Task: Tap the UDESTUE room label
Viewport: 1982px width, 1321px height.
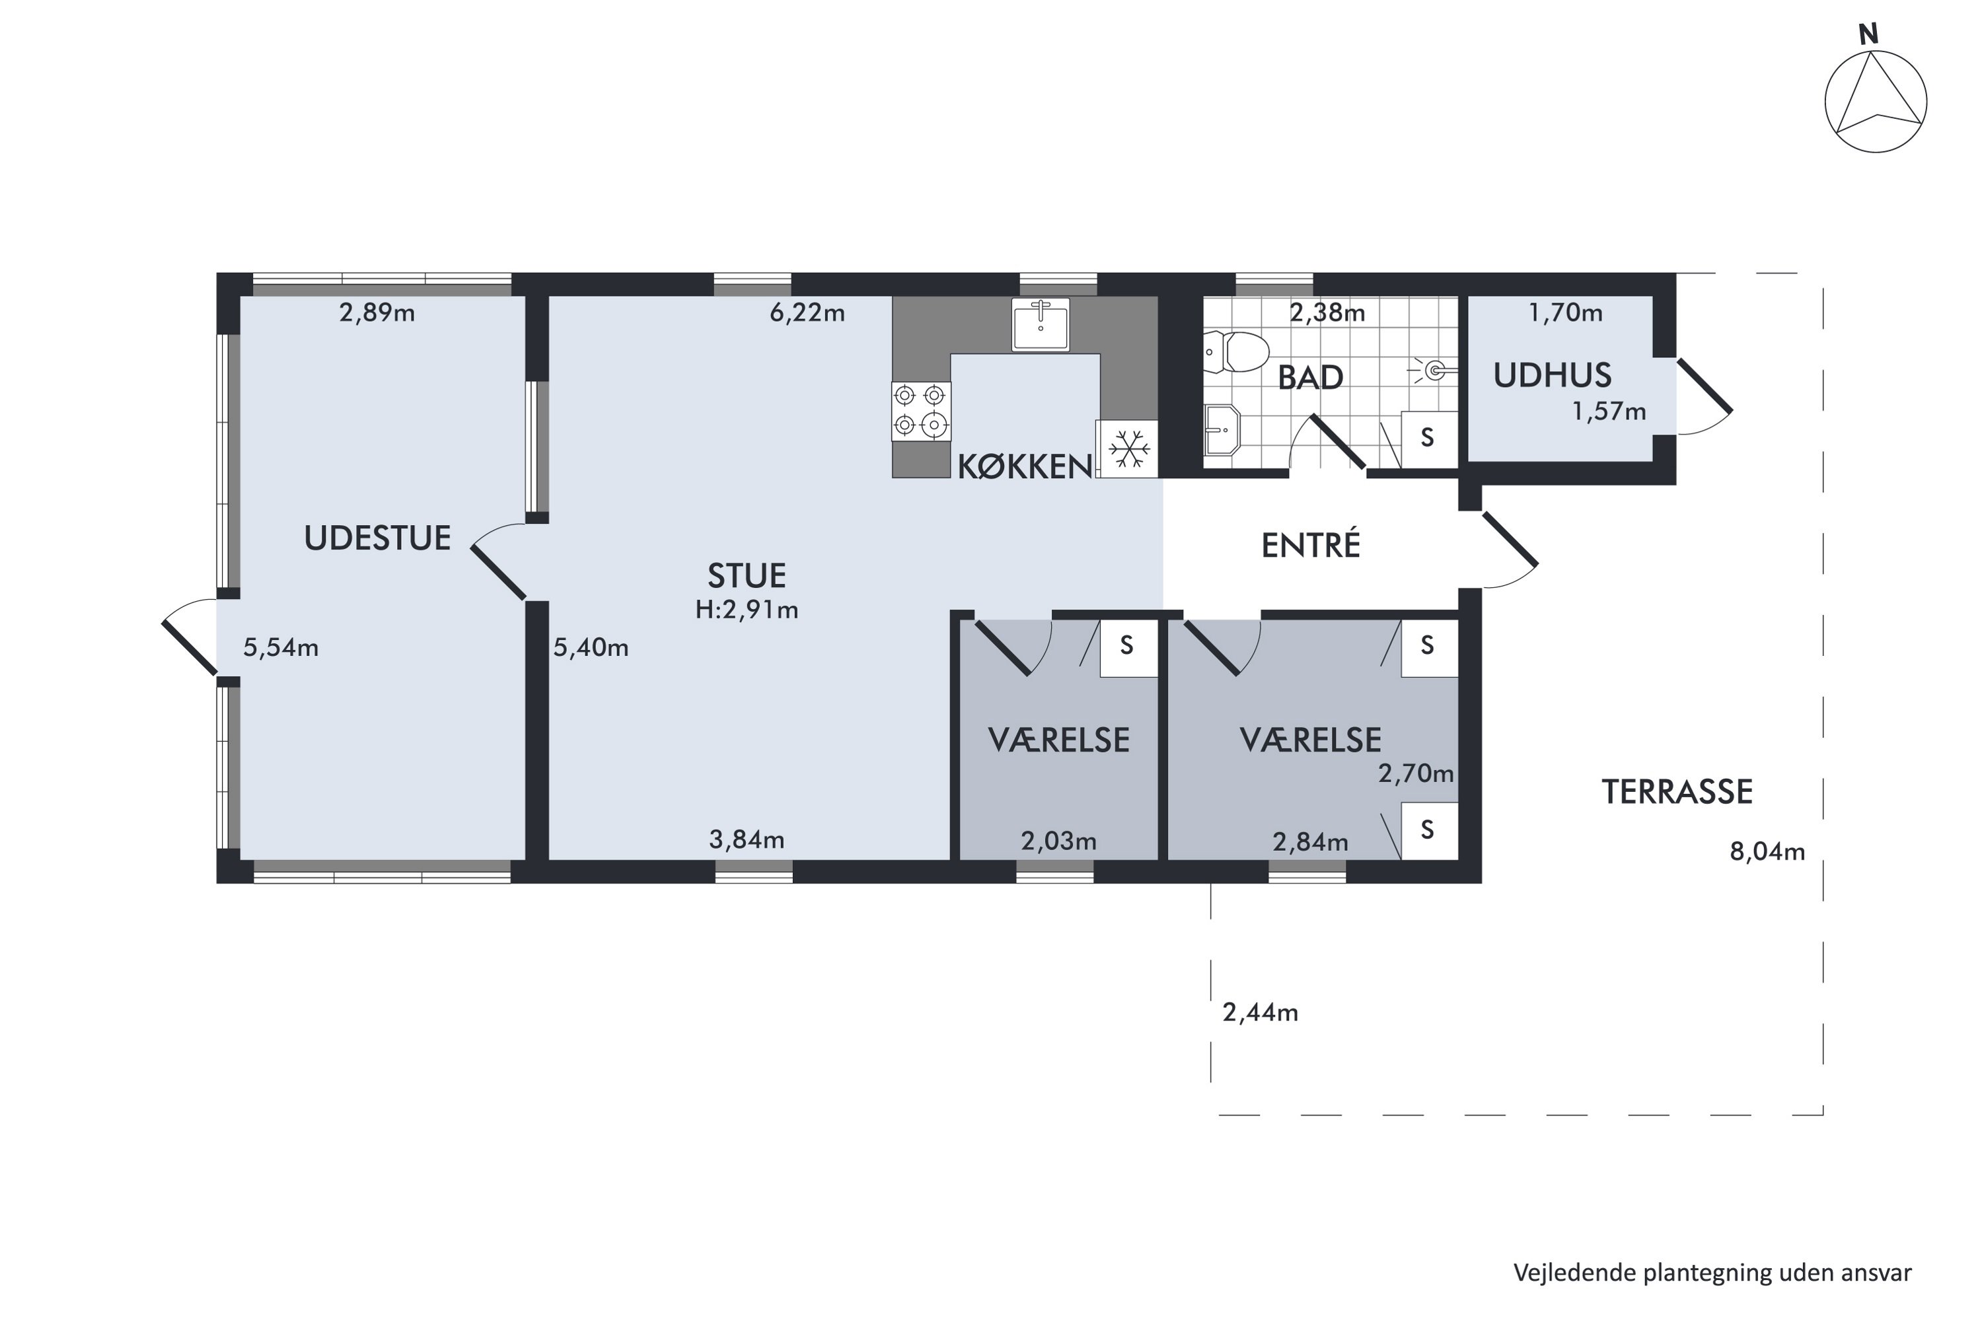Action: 377,538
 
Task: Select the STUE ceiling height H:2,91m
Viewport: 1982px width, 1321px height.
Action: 747,609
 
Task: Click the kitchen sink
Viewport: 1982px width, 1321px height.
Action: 1041,324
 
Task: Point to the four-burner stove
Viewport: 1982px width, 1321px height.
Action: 921,411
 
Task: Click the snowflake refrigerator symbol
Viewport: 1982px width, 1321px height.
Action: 1128,449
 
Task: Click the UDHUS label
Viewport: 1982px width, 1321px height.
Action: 1552,376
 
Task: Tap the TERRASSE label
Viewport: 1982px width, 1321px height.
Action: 1677,792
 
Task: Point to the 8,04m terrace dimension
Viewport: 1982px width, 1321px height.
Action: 1767,852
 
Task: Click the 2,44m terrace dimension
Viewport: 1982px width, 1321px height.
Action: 1260,1013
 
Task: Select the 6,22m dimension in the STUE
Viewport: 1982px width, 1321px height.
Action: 807,313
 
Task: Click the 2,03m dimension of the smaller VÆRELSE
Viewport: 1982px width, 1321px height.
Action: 1058,841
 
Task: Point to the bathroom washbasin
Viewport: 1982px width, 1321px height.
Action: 1222,430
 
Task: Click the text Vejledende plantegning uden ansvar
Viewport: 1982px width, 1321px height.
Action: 1712,1273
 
